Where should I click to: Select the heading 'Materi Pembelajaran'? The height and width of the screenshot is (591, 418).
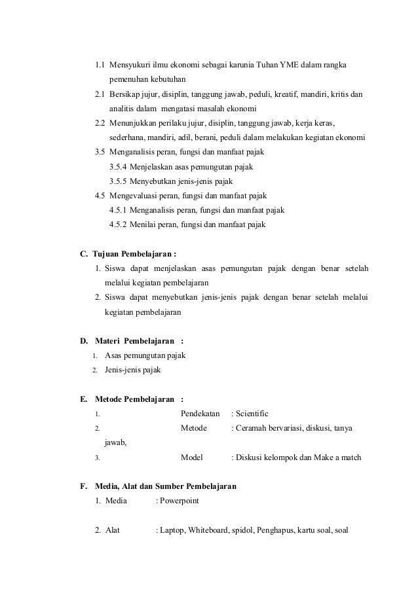134,340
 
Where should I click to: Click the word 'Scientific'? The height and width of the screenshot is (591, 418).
254,414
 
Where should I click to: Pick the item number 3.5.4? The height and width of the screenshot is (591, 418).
118,166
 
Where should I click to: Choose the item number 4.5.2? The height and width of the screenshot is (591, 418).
118,224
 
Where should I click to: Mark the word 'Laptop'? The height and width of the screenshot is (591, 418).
172,529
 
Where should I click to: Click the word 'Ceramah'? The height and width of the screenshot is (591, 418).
257,428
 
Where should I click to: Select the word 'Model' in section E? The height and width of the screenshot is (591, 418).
191,457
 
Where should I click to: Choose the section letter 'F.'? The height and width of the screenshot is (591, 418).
83,486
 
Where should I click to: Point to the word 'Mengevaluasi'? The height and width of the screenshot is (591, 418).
137,196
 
